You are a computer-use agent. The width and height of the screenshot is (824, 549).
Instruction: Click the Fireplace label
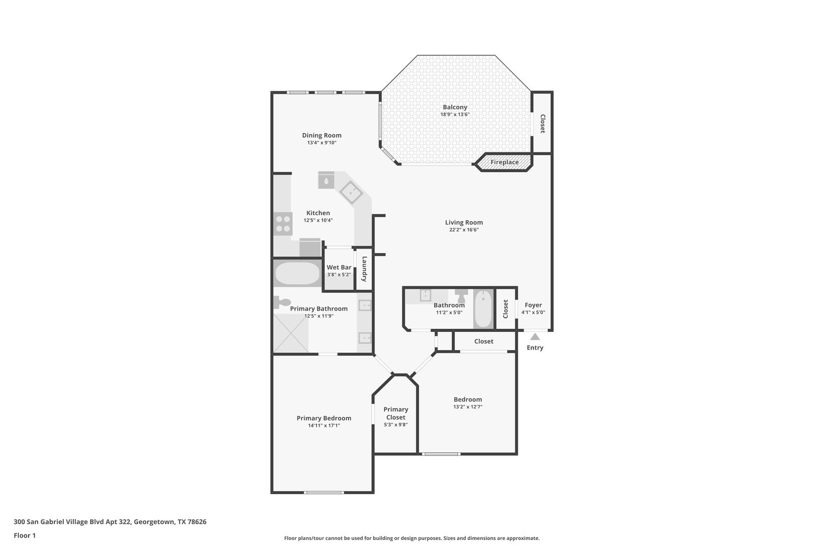click(x=505, y=162)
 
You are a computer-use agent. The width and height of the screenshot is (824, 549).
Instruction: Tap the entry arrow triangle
click(x=535, y=337)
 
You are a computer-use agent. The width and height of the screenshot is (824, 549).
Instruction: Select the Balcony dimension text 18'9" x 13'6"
click(x=455, y=115)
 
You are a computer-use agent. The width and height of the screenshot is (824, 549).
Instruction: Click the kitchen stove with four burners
click(x=283, y=224)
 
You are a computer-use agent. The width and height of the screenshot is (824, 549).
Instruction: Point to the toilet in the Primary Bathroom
click(x=281, y=302)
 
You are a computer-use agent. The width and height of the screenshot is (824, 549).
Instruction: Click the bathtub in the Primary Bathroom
click(x=298, y=274)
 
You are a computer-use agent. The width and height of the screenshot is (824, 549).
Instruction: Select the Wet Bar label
click(x=339, y=267)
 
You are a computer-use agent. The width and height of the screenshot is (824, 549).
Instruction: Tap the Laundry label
click(x=364, y=269)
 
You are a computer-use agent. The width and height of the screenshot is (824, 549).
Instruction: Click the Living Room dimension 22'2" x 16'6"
click(x=464, y=230)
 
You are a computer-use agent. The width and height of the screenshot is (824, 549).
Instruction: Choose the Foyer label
click(x=533, y=305)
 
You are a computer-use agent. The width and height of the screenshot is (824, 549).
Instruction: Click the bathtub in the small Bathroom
click(x=483, y=309)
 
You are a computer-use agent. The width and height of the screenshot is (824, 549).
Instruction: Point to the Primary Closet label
click(x=396, y=413)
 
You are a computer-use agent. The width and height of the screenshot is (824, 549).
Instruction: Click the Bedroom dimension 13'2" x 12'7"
click(x=467, y=407)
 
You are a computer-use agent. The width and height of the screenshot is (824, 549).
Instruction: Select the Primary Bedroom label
click(x=324, y=418)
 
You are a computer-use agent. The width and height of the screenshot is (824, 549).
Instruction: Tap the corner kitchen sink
click(x=350, y=192)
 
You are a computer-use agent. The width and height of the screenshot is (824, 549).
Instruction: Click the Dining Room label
click(x=321, y=135)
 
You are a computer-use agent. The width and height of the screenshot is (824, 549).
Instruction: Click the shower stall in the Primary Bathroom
click(x=291, y=333)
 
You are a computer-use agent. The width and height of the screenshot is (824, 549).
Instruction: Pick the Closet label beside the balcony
click(x=542, y=124)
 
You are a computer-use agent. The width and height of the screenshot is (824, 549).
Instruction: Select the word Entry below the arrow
click(x=535, y=348)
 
